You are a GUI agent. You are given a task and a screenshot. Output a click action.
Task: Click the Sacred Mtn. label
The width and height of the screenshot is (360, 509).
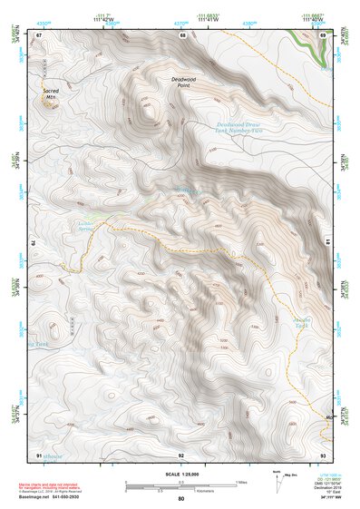pos(51,94)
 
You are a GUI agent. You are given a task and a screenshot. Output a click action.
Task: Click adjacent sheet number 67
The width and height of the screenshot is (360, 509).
pos(39,35)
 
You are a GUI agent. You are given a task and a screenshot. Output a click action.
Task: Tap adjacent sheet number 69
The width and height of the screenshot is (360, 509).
pos(323,35)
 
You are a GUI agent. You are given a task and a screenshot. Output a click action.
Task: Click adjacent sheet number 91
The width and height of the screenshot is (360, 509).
pos(39,454)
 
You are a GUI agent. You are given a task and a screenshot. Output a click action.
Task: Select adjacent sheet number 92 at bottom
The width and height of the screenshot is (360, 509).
pos(181,454)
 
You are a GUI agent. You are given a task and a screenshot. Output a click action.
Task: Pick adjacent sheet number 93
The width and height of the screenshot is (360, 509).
pos(323,454)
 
